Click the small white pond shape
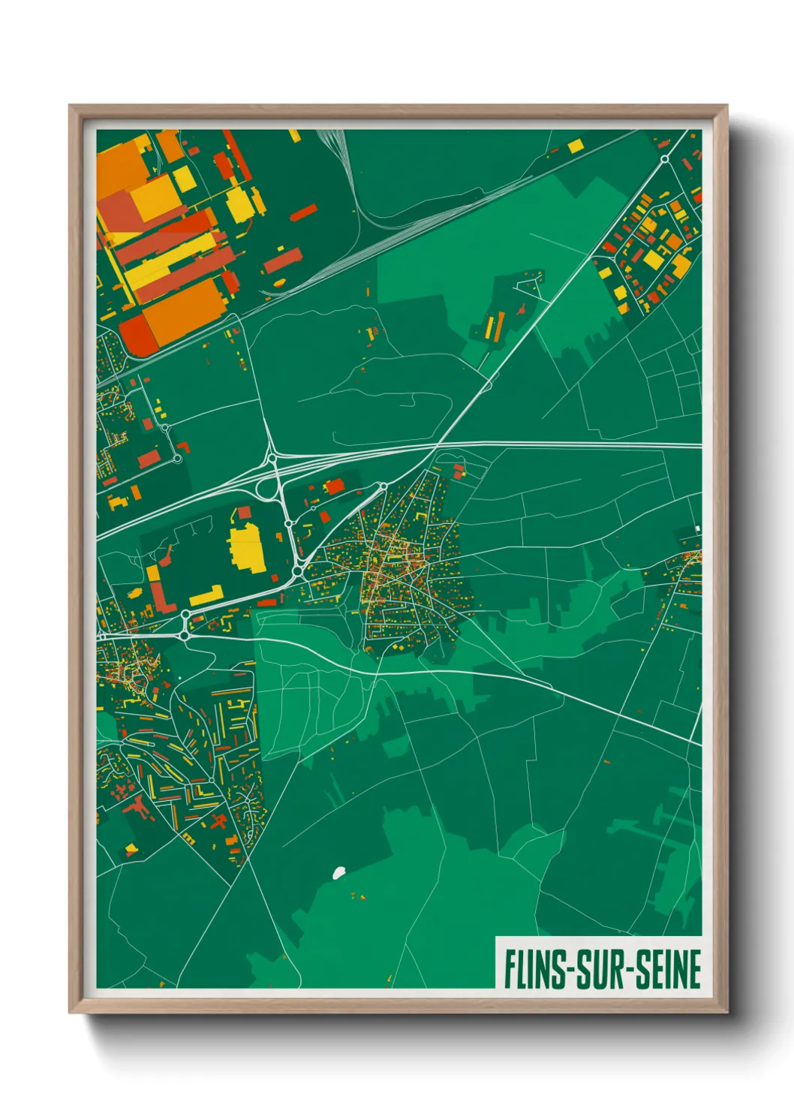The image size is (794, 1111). click(x=338, y=872)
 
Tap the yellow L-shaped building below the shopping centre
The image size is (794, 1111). click(x=207, y=597)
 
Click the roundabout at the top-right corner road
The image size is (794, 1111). click(x=664, y=159)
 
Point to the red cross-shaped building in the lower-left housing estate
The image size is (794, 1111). click(x=218, y=820)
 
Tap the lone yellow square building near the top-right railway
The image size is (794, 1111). click(x=576, y=146)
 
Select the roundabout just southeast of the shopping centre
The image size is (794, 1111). click(x=297, y=573)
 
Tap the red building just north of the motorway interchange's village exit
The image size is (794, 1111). click(x=334, y=486)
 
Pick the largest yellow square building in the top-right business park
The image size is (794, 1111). click(x=653, y=260)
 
